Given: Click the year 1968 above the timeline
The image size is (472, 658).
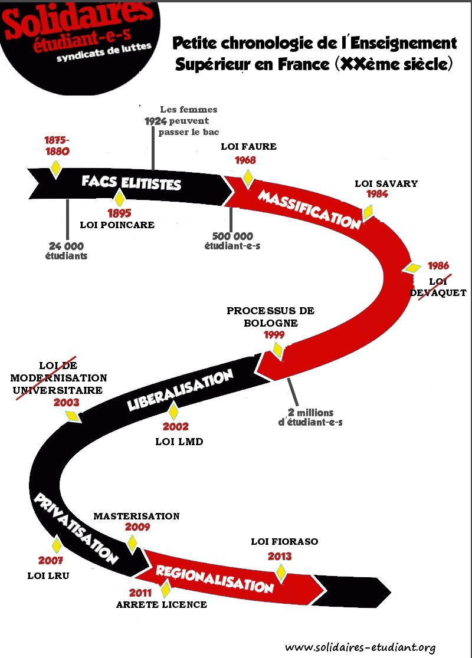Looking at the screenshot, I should [x=244, y=160].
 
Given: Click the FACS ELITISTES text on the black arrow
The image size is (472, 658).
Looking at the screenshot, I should [x=132, y=182].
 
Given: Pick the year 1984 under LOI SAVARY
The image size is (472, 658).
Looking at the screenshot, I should [x=377, y=194].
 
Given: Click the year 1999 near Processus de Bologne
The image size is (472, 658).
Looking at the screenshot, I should [x=274, y=335].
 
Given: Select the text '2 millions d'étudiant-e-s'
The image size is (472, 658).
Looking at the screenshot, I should [x=311, y=417].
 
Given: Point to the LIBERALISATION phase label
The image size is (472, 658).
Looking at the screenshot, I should [x=181, y=390].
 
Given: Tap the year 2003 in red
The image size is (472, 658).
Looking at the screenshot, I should [x=66, y=403].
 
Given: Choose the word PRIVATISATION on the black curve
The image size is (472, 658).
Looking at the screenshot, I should [x=76, y=528].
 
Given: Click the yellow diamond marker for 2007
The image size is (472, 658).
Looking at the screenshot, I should [x=57, y=545].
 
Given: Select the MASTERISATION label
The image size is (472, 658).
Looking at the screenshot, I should [x=136, y=516].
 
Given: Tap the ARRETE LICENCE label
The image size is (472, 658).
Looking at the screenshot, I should [x=161, y=604].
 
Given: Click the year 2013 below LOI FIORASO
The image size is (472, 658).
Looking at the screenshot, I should [x=280, y=556].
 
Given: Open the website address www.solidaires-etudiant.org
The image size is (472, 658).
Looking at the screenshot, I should [x=360, y=647].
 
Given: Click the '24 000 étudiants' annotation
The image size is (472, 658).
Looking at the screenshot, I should [x=67, y=251].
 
